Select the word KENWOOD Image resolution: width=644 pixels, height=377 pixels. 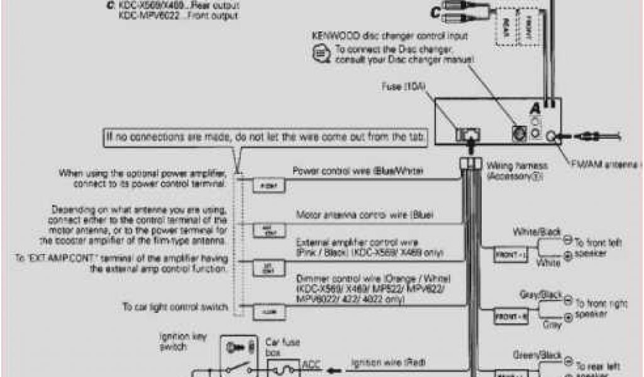point(331,35)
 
